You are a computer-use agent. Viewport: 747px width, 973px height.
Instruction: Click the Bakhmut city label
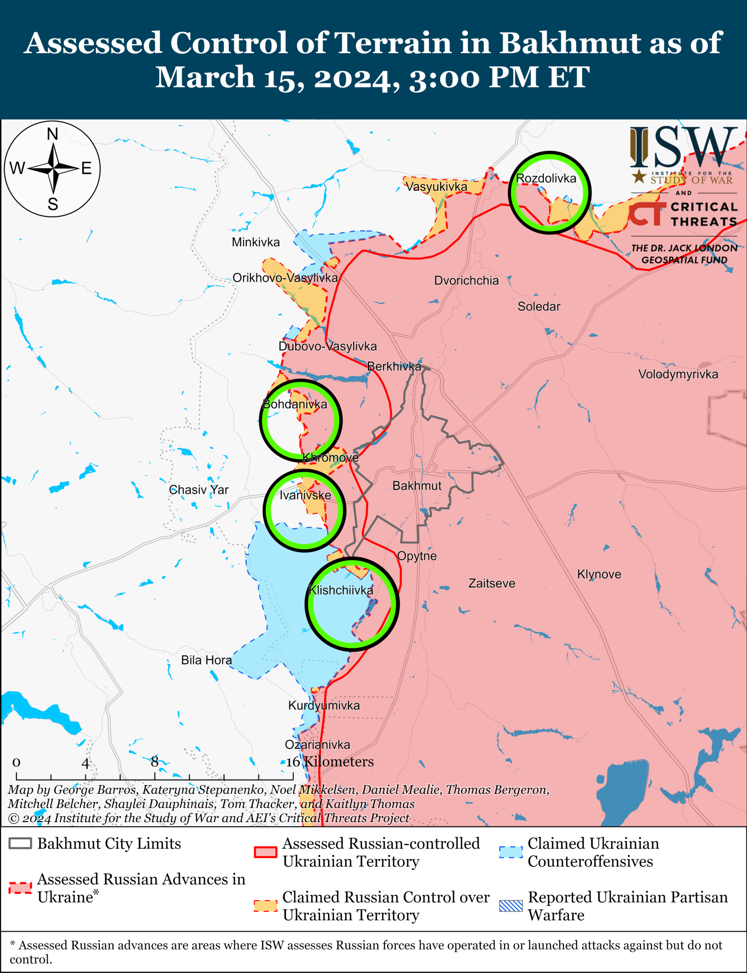[417, 486]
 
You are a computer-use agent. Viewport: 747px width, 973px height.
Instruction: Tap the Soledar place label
[539, 306]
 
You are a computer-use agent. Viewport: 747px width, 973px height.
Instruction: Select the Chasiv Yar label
[199, 490]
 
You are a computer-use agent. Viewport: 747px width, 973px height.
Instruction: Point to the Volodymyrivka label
[678, 374]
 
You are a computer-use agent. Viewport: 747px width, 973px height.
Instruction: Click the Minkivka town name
[256, 242]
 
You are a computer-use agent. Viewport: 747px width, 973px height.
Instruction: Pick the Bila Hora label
[206, 660]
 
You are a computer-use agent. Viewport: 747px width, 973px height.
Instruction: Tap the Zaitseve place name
[491, 583]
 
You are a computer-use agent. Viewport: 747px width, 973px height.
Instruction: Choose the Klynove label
[599, 574]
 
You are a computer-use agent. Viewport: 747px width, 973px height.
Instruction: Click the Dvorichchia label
[466, 280]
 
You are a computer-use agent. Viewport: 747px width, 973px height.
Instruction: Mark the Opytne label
[417, 556]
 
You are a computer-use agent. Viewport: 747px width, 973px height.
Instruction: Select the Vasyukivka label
[436, 186]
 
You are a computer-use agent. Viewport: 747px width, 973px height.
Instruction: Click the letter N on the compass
[52, 135]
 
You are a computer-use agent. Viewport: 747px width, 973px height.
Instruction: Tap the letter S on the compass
[53, 204]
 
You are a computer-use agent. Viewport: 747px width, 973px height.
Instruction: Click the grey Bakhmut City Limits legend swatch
[20, 844]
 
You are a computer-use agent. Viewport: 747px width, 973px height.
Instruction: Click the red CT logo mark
[647, 214]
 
